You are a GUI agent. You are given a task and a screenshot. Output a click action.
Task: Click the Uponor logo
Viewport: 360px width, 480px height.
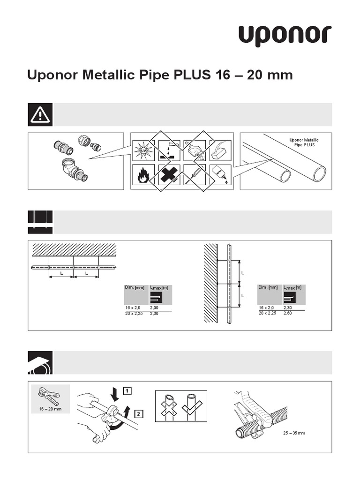coord(285,36)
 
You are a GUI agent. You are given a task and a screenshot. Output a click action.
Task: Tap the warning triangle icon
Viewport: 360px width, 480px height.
coord(40,115)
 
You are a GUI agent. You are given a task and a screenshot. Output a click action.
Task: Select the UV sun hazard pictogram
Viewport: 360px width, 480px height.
coord(143,150)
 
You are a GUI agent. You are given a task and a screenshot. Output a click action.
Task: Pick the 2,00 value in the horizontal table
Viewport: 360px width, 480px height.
coord(155,307)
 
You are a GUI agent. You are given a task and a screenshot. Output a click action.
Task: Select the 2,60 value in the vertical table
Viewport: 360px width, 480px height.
coord(287,313)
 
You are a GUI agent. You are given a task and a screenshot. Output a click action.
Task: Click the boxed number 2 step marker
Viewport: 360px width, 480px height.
coord(139,413)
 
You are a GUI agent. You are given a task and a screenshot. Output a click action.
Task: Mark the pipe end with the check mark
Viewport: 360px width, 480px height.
coord(192,405)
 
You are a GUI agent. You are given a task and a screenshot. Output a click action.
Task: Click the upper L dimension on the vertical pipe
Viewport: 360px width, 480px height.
coord(242,272)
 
